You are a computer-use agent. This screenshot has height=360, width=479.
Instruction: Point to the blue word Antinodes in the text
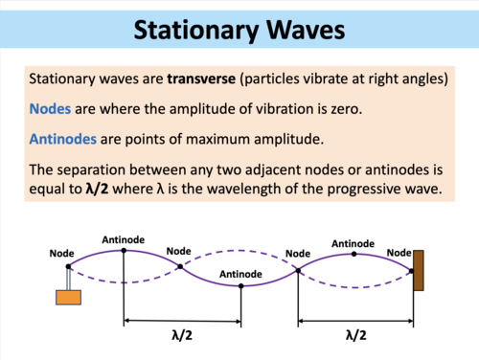coord(63,140)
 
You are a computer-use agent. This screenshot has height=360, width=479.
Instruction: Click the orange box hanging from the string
coord(67,296)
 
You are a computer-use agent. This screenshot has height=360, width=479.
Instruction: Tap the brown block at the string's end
coord(419,269)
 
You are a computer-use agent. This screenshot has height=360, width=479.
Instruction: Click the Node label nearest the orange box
coord(63,254)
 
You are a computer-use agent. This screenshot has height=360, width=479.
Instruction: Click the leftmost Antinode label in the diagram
coord(123,238)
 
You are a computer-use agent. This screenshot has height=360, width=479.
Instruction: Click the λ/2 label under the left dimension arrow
coord(181,335)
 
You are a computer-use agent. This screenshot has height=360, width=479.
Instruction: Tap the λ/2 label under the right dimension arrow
coord(354,335)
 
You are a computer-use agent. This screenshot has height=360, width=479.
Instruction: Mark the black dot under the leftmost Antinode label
coord(124,250)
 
